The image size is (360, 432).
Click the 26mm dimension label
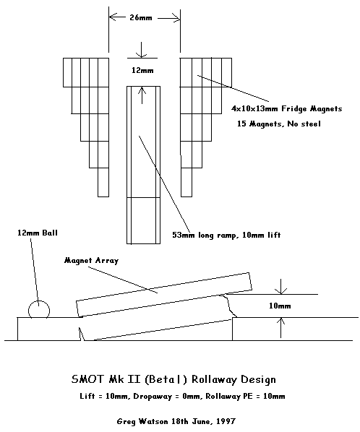(141, 18)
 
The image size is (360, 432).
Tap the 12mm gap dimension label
(142, 71)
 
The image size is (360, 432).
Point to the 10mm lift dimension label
(280, 306)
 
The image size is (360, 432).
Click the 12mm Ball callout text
(38, 233)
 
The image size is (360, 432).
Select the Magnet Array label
(91, 261)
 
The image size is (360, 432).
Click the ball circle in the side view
(39, 301)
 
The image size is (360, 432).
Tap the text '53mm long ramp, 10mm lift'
(226, 235)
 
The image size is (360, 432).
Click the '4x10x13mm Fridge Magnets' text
(287, 109)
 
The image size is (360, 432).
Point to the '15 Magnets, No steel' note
(279, 124)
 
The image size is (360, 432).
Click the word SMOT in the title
(88, 379)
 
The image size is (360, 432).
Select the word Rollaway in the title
(211, 379)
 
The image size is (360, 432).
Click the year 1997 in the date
(226, 421)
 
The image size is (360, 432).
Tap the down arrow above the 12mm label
(141, 50)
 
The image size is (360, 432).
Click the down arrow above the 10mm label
(281, 287)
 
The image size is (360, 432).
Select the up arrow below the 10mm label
(281, 327)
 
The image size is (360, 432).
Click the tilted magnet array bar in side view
(164, 295)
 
